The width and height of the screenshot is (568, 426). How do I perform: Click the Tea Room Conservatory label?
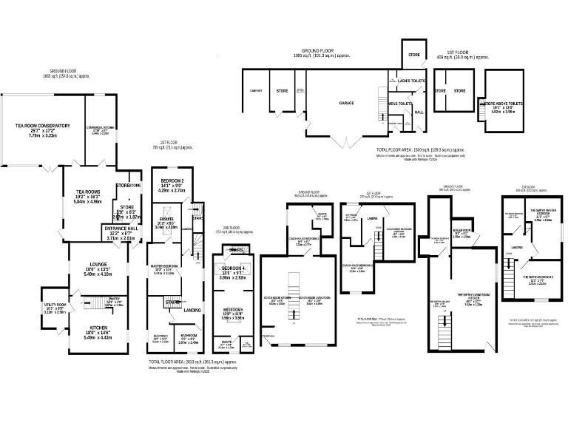pos(43,126)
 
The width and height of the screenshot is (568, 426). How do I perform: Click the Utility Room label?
pos(54,305)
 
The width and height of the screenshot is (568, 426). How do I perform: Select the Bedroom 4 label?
pos(233,268)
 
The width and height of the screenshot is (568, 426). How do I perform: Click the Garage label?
pos(348,103)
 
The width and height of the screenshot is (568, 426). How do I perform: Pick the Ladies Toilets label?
pos(412,80)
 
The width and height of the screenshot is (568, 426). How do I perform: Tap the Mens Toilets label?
pos(400,104)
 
